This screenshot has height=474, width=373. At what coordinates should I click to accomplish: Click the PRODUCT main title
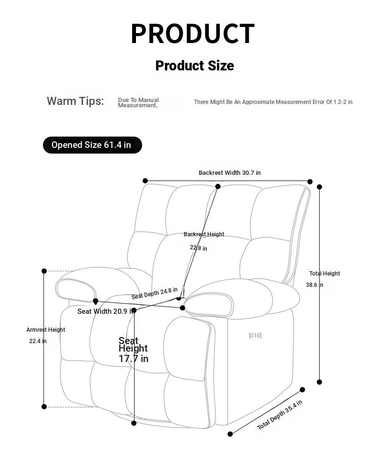pos(193,34)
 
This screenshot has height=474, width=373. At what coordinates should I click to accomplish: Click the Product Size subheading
pos(195,66)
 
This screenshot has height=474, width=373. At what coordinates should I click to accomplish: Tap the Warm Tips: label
pos(75,101)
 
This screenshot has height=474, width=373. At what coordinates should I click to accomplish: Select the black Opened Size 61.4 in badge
pos(93,145)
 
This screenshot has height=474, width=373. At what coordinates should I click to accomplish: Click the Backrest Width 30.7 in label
pos(229,172)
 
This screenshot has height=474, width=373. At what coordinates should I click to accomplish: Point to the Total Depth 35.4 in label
pos(280,414)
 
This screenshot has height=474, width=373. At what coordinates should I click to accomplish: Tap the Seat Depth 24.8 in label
pos(154,293)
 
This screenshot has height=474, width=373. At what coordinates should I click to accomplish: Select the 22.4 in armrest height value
pos(38,341)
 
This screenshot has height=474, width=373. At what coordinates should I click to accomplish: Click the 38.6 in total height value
pos(314,285)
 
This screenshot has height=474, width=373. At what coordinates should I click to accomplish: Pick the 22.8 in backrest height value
pos(198,248)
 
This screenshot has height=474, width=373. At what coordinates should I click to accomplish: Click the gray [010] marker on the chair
pos(255,335)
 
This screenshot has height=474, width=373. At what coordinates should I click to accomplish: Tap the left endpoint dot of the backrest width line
pos(145,181)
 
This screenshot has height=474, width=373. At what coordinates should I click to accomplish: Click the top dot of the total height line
pos(319,187)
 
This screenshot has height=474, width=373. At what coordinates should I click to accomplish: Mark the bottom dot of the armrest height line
pos(44,406)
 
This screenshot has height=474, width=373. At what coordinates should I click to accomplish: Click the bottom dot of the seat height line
pos(134,423)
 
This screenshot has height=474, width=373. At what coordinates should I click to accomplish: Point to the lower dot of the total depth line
pos(230,434)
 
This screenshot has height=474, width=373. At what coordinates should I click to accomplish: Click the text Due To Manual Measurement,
pos(138,103)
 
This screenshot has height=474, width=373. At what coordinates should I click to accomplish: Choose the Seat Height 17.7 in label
pos(133,349)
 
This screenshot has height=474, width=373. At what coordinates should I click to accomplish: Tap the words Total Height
pos(324,273)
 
